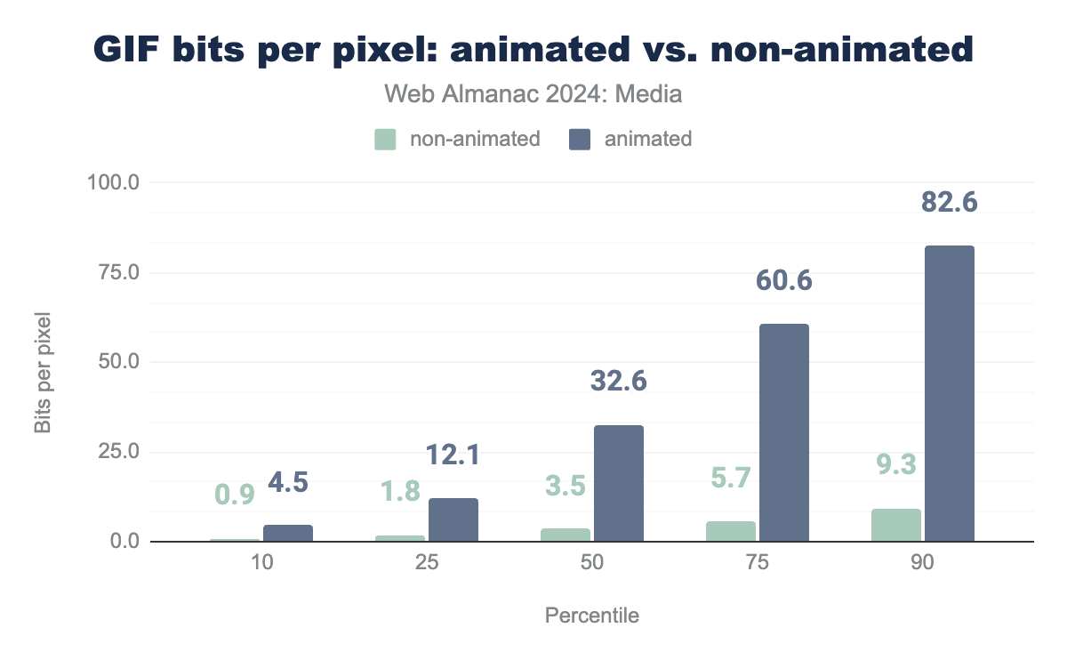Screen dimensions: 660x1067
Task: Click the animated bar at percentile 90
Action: [x=949, y=393]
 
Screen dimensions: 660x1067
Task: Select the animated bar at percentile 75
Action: [x=783, y=432]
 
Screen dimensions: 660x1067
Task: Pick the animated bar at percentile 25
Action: [x=453, y=519]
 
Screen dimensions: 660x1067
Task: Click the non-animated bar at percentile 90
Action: [x=896, y=525]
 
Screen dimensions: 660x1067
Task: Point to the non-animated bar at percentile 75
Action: [x=731, y=531]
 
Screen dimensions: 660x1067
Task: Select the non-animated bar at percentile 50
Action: [x=566, y=535]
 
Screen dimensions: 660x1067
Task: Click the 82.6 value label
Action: [x=949, y=202]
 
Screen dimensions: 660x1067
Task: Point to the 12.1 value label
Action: [x=453, y=455]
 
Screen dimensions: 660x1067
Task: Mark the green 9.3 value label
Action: [x=895, y=465]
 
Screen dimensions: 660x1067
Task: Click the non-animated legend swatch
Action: [x=384, y=139]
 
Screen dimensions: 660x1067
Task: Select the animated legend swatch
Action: [x=579, y=139]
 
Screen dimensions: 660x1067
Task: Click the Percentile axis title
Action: [x=591, y=616]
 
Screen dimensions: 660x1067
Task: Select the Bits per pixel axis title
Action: [x=42, y=372]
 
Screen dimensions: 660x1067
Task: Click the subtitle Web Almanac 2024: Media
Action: [x=533, y=93]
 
